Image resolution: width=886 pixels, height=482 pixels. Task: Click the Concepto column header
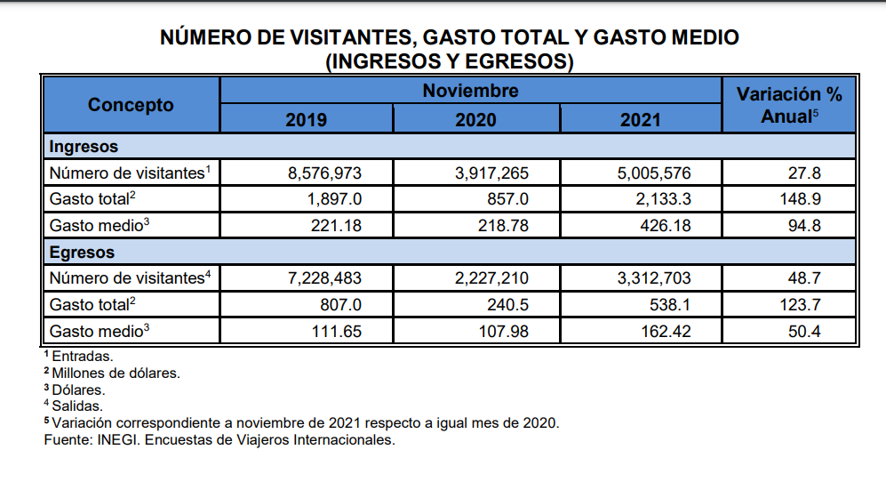point(131,105)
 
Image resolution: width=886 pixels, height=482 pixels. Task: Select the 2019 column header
point(306,119)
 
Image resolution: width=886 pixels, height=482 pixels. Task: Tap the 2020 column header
point(475,119)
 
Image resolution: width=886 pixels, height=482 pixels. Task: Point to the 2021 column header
point(640,119)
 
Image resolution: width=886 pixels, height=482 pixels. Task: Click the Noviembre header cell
point(470,91)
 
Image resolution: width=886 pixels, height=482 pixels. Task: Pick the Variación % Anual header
point(789,105)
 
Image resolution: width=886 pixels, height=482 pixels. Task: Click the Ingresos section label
point(84,147)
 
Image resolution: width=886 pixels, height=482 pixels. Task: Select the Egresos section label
point(82,253)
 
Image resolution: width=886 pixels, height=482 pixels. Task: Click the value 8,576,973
point(324,173)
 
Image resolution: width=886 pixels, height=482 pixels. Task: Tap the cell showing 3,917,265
point(491,173)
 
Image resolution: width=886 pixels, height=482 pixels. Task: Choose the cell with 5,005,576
point(653,173)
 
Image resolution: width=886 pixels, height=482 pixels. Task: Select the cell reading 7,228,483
point(324,279)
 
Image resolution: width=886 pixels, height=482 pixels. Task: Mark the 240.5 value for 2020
point(508,305)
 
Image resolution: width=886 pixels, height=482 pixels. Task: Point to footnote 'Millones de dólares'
point(116,373)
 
